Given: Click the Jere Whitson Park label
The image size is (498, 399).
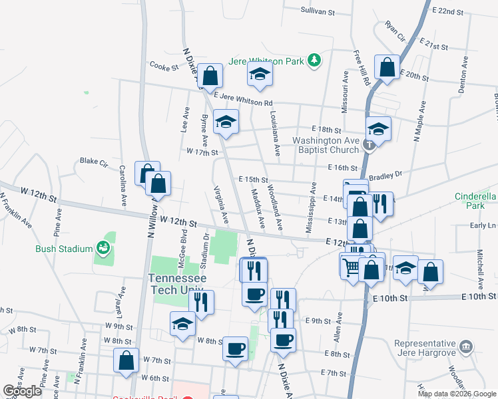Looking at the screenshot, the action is [266, 61].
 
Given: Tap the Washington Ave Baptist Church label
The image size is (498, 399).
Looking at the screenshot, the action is [326, 145].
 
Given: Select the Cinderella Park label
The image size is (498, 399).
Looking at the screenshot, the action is [475, 201].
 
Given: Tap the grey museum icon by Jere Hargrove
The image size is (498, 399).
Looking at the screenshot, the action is [466, 345].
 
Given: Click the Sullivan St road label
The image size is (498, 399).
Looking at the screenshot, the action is [317, 11].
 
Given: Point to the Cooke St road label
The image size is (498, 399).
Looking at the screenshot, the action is [164, 66].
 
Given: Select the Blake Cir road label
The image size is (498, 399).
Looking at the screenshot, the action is [93, 161].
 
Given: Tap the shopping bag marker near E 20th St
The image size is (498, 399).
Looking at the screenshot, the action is [386, 66].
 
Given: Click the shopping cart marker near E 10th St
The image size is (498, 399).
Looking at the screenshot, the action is [351, 266].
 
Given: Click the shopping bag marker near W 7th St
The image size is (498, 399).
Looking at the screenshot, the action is [126, 361].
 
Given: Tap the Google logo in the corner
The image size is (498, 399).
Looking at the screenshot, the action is [22, 391].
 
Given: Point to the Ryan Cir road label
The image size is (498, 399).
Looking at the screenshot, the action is [395, 31].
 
